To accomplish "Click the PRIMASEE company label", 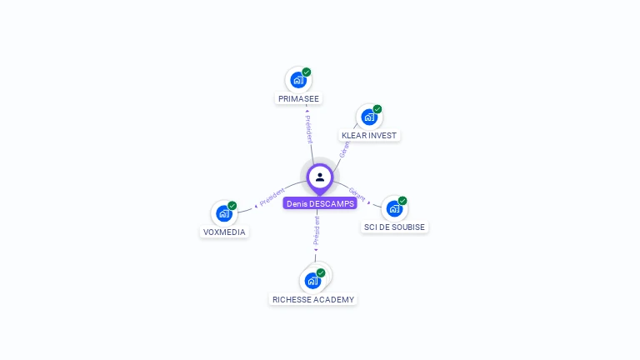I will (x=298, y=98).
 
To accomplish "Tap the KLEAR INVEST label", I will (x=370, y=135).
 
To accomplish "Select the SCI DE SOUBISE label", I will (x=394, y=227).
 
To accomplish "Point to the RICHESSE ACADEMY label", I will (x=313, y=299).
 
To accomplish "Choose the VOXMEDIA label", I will (x=225, y=232).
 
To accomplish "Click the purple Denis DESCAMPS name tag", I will (x=320, y=203).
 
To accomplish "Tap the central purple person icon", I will (x=320, y=177).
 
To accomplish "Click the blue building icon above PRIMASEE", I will (x=297, y=81).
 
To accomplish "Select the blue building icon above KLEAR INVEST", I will (x=369, y=117).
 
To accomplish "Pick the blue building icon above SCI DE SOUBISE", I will (x=394, y=208).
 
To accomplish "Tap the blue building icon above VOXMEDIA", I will (x=223, y=214).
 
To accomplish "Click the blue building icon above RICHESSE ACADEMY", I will (x=312, y=281).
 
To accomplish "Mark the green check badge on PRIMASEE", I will (x=307, y=72).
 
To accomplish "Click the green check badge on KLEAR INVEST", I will (x=377, y=109).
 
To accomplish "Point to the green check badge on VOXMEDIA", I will (x=232, y=206).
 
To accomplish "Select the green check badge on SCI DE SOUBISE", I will (x=402, y=201).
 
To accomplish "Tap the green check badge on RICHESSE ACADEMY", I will (x=321, y=272).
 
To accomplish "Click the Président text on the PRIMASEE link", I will (x=307, y=129).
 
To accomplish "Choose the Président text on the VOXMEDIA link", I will (x=272, y=197).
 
